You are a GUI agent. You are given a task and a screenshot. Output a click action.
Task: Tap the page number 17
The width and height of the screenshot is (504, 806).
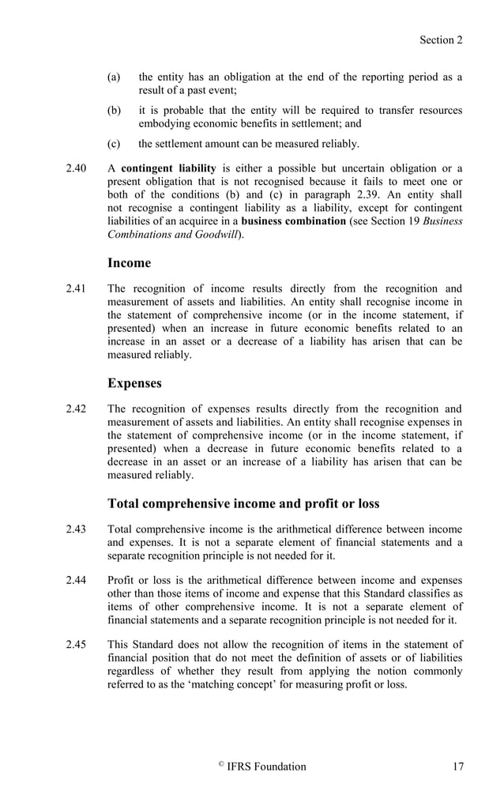[x=457, y=766]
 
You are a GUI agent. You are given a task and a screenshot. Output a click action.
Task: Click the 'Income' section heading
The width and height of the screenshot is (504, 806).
[x=129, y=262]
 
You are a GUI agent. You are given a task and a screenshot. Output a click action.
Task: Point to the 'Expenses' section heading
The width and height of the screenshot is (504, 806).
[x=134, y=383]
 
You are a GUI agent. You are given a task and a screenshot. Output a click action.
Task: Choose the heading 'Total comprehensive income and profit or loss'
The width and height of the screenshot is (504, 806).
[x=243, y=503]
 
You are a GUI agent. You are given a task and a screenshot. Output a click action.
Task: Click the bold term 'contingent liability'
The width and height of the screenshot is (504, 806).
[x=168, y=168]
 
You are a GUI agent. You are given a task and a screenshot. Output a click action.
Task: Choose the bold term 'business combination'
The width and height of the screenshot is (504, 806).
[x=293, y=221]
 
